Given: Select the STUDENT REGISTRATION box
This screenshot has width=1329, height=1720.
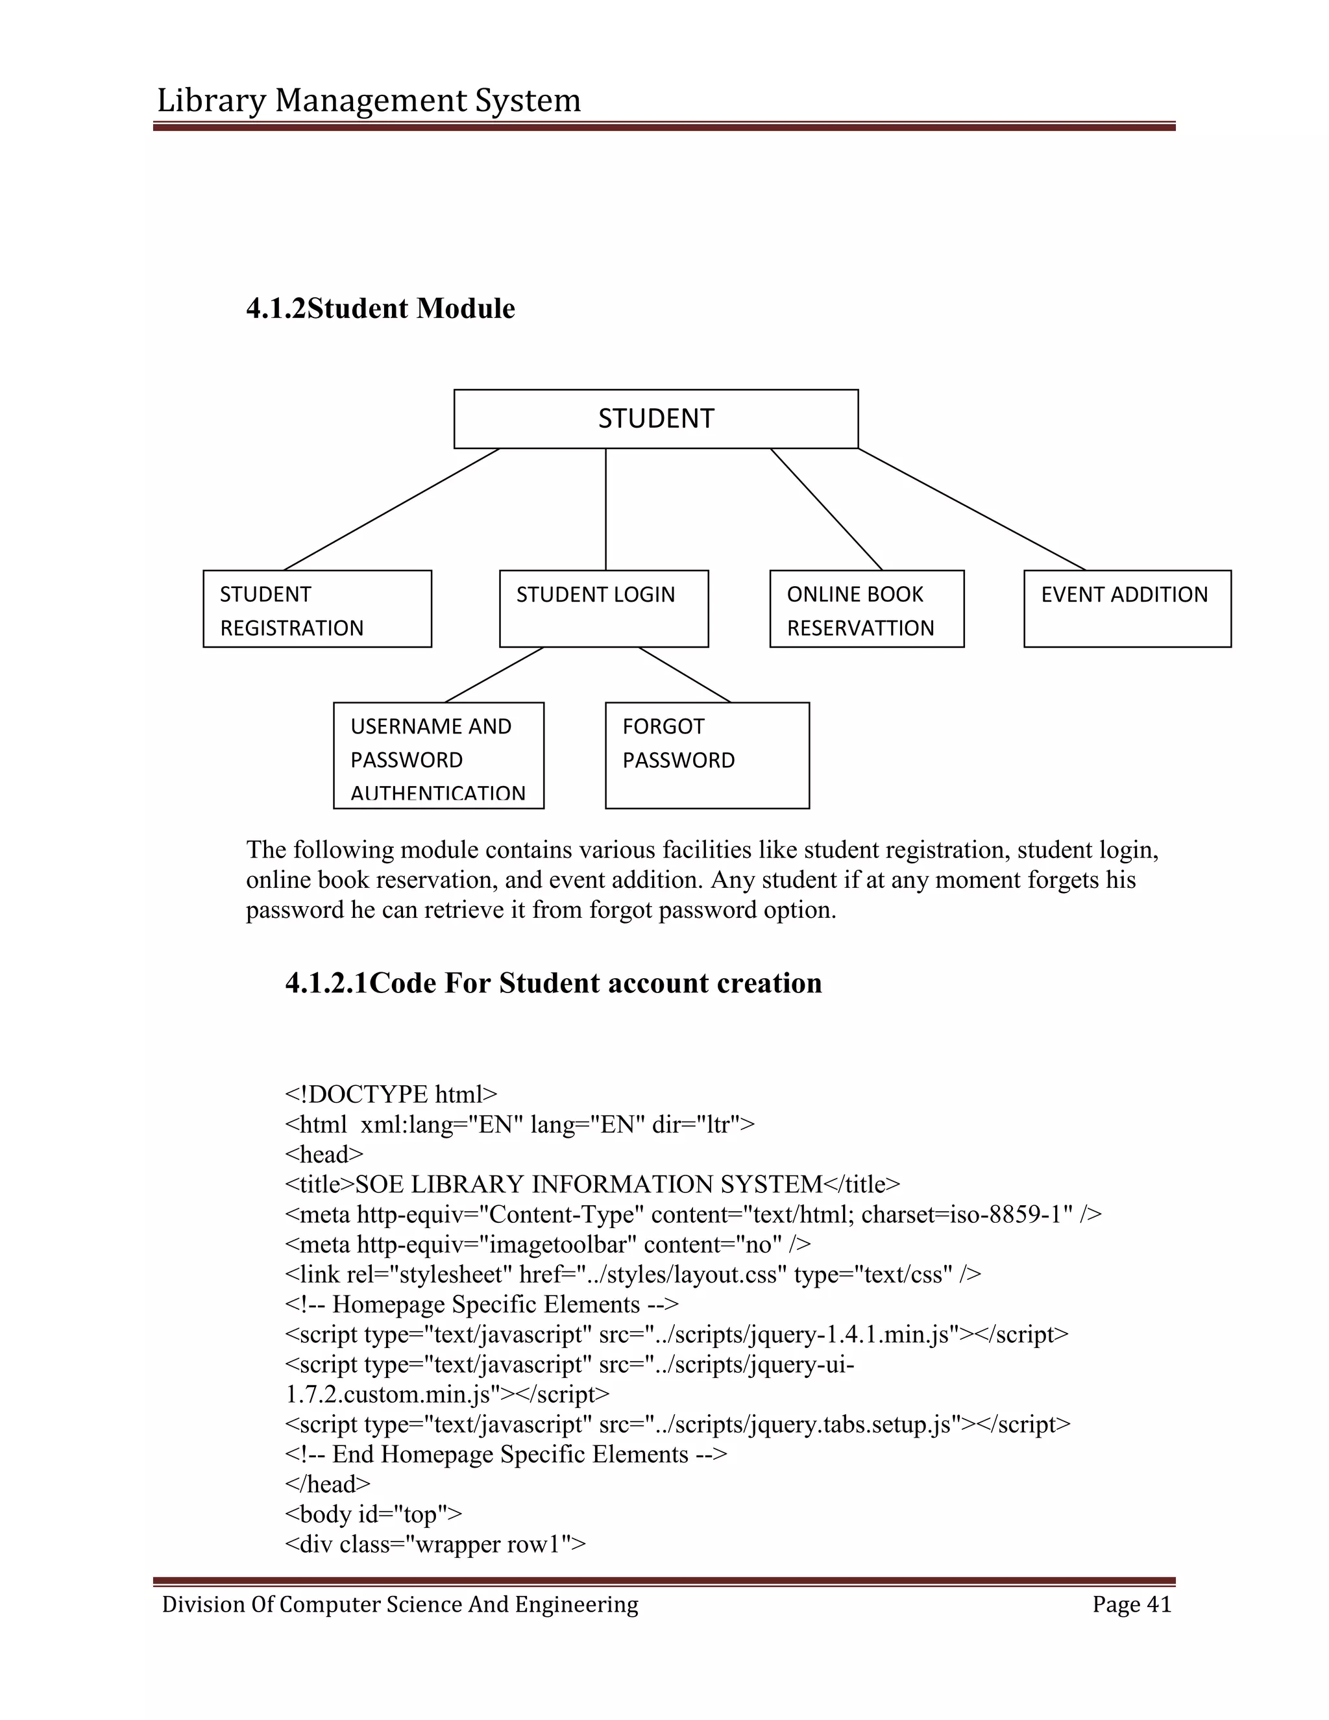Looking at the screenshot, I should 317,609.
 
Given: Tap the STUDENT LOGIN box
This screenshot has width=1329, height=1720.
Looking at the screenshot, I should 604,609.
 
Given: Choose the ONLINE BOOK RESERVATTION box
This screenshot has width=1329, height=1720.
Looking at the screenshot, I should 866,609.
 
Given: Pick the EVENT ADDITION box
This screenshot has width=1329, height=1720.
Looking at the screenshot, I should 1127,609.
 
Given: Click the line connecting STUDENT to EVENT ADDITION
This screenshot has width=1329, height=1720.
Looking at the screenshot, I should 971,509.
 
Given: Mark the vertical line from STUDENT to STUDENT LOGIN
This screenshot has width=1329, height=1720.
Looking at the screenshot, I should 605,509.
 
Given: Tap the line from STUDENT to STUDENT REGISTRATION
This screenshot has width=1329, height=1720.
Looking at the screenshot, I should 391,509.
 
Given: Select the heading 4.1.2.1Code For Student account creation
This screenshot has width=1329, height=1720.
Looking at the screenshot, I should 553,983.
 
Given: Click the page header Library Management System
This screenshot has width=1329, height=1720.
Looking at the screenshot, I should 369,100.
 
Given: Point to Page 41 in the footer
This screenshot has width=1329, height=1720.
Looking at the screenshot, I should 1131,1604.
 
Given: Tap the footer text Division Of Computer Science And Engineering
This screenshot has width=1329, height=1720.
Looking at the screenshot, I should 400,1604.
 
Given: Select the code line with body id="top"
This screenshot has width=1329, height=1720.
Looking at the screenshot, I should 373,1514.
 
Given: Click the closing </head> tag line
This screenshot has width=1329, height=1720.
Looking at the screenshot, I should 327,1484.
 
